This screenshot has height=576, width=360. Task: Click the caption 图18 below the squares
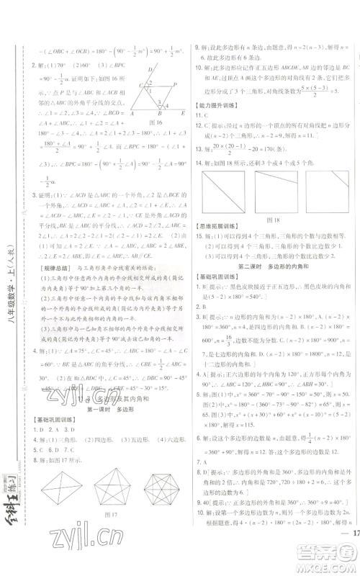point(272,219)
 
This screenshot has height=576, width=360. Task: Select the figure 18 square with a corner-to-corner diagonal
point(224,191)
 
